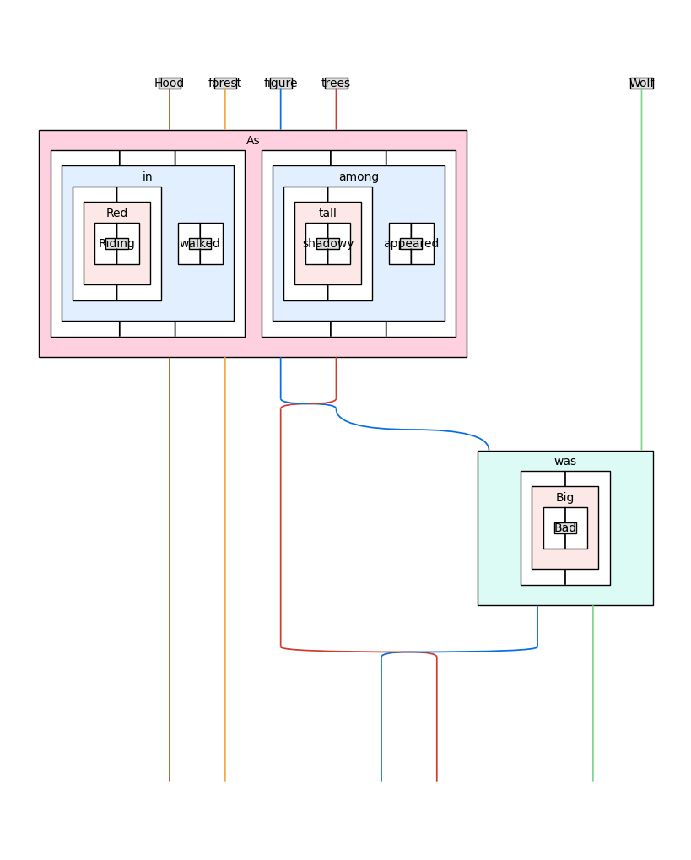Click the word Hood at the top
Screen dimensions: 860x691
pyautogui.click(x=170, y=84)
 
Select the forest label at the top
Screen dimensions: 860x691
pyautogui.click(x=225, y=84)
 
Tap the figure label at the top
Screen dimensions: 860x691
pyautogui.click(x=281, y=84)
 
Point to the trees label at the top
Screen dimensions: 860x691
pyautogui.click(x=336, y=84)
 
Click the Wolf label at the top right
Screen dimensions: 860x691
pyautogui.click(x=641, y=84)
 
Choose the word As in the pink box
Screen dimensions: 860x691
pyautogui.click(x=253, y=141)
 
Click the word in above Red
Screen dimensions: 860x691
pyautogui.click(x=148, y=177)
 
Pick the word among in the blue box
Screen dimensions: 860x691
pyautogui.click(x=359, y=177)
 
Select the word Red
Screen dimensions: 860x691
pyautogui.click(x=117, y=214)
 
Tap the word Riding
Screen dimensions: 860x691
pyautogui.click(x=117, y=244)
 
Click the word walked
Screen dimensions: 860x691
pyautogui.click(x=200, y=244)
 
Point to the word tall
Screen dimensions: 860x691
pyautogui.click(x=328, y=214)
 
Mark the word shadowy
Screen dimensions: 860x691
pyautogui.click(x=328, y=244)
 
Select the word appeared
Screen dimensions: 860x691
pyautogui.click(x=411, y=244)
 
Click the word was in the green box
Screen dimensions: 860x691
pyautogui.click(x=565, y=462)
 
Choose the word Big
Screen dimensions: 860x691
pyautogui.click(x=565, y=498)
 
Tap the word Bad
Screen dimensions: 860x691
pyautogui.click(x=565, y=528)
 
